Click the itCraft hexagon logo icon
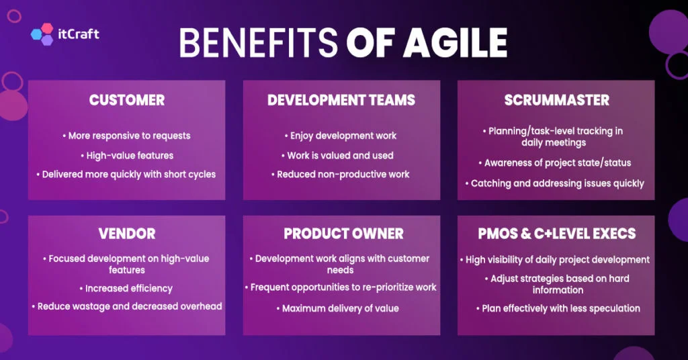(x=42, y=34)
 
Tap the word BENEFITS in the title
(x=259, y=42)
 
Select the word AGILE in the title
(x=456, y=42)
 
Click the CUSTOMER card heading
(x=127, y=100)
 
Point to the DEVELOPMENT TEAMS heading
(x=341, y=100)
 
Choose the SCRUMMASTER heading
(x=557, y=100)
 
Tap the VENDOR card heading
(x=127, y=233)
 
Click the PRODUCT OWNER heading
(x=343, y=233)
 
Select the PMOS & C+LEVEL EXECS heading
(x=557, y=233)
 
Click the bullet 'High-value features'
(x=127, y=156)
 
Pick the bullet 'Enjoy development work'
(x=341, y=136)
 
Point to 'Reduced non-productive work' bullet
(x=340, y=175)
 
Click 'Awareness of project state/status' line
(x=554, y=163)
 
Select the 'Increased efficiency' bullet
(x=126, y=289)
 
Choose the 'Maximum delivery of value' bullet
(x=338, y=308)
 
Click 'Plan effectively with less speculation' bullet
(x=558, y=308)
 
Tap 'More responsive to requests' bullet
(x=126, y=136)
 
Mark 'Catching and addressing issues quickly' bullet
(x=554, y=183)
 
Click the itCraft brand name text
(x=79, y=34)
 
